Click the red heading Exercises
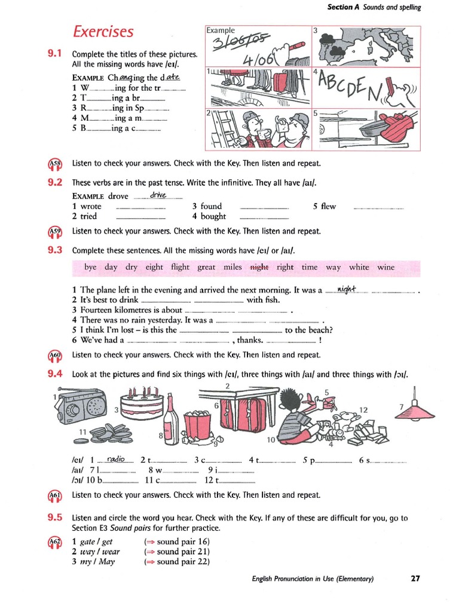[103, 31]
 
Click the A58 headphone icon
[54, 164]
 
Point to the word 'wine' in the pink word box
[385, 267]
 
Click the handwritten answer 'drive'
[158, 195]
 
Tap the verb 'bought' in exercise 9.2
[213, 216]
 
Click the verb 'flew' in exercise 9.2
[328, 206]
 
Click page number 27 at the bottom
[415, 578]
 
